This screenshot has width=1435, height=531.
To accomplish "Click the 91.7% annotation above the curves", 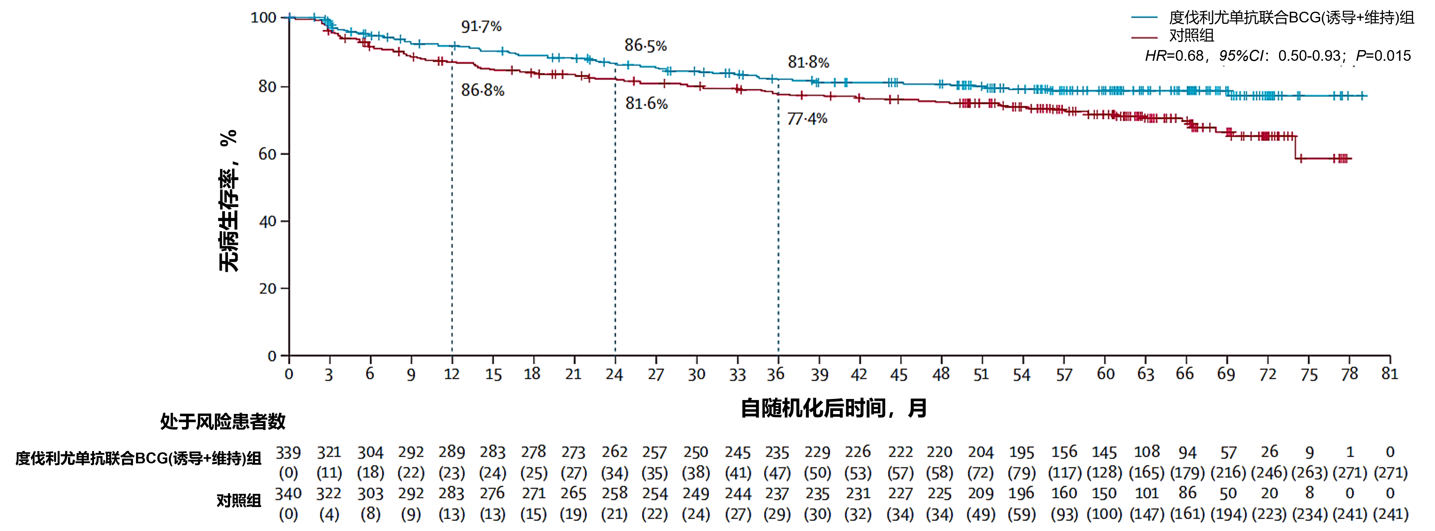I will coord(481,26).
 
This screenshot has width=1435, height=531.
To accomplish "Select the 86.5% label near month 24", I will coord(645,45).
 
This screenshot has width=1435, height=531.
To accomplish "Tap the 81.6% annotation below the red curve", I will coord(646,103).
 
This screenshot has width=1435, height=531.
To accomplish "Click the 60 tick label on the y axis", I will coord(267,154).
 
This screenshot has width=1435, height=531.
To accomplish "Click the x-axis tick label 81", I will coord(1389,374).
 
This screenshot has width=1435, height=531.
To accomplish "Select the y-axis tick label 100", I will coord(264,18).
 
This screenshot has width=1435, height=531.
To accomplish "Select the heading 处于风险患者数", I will coord(223,421).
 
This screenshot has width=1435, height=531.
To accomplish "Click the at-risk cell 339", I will coord(288,453).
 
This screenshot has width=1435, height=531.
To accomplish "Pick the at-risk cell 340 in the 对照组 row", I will coord(288,494).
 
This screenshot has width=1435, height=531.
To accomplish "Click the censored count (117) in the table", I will coord(1064,473).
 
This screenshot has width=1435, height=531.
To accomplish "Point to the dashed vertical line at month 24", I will coord(615,223).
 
